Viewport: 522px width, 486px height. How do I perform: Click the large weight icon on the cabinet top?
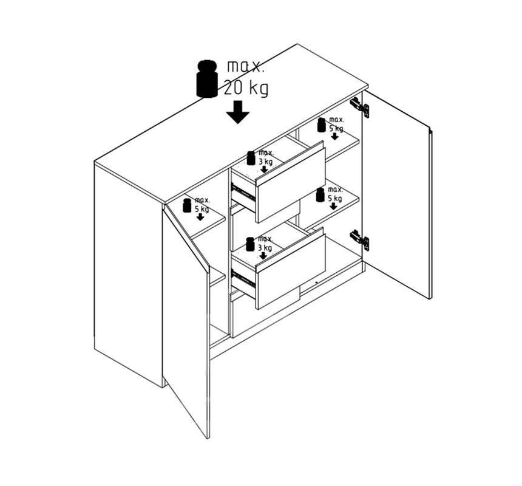coord(207,78)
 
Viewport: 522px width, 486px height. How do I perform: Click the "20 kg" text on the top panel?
coord(246,89)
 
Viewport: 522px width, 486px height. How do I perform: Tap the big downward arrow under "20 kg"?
coord(238,112)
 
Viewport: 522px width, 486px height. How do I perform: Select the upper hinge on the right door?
coord(359,106)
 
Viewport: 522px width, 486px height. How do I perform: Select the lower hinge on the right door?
coord(359,239)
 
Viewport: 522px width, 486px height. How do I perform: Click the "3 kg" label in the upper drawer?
coord(265,162)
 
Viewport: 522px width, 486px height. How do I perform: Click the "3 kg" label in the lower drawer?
coord(265,248)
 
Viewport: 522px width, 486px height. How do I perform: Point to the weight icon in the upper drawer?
coord(251,158)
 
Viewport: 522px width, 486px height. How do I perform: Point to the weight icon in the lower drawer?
coord(250,244)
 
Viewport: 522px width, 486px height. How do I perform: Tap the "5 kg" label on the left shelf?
coord(202,209)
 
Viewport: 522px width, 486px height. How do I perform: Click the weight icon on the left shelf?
coord(187,205)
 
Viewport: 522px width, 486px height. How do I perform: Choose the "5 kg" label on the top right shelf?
coord(336,129)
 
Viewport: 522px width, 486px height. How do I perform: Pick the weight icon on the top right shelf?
coord(321,125)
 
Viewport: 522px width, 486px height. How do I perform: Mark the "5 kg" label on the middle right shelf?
coord(335,199)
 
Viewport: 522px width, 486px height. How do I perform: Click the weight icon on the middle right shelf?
coord(320,195)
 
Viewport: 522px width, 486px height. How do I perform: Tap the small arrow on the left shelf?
coord(200,217)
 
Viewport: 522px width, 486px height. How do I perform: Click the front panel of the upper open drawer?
coord(290,185)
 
